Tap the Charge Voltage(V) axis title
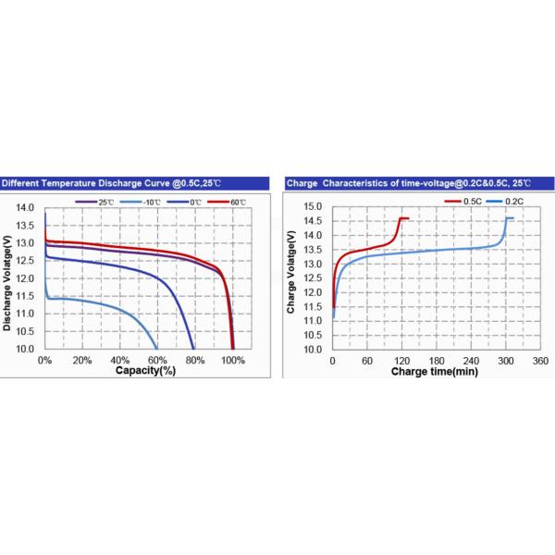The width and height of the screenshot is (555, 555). pos(292,277)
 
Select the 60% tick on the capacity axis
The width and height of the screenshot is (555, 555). pos(157,360)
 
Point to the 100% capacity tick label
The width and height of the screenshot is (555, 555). pos(233,360)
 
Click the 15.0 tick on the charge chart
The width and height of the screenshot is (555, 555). pos(313,206)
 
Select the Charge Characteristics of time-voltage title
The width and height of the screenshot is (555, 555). pos(405,183)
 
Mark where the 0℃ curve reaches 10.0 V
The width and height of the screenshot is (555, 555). pos(193,349)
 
